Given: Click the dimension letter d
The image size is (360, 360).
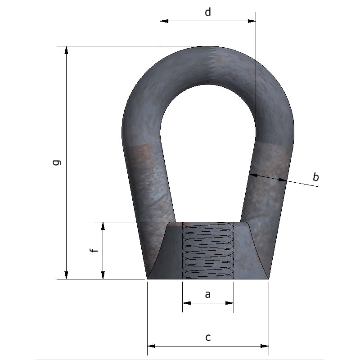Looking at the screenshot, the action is point(208,12).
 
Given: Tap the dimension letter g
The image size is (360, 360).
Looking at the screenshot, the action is point(57,162).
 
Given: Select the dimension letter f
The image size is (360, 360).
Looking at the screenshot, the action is point(94,250).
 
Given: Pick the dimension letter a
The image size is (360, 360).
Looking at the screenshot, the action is point(207,294).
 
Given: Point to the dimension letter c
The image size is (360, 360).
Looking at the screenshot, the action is point(208,337).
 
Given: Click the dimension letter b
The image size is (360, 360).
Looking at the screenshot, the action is point(316,177).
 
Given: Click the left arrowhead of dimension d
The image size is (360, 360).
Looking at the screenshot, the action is point(164,21).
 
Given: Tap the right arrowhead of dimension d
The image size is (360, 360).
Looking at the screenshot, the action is point(252,21).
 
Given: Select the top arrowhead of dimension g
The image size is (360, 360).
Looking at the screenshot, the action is point(66,50).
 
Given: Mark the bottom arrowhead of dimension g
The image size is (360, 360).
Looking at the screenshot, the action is point(66,275).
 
